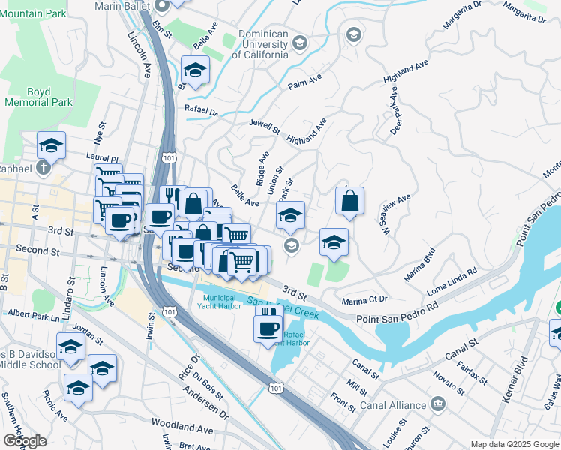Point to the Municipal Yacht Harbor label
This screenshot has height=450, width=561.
pyautogui.click(x=220, y=301)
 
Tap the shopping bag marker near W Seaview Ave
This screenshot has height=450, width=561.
pyautogui.click(x=349, y=202)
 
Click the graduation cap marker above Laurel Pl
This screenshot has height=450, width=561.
pyautogui.click(x=51, y=145)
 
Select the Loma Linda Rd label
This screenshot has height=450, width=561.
pyautogui.click(x=452, y=281)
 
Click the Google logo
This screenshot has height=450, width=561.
pyautogui.click(x=25, y=440)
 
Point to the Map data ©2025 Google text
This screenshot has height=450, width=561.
pyautogui.click(x=514, y=444)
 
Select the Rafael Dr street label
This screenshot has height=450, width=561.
pyautogui.click(x=200, y=111)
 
